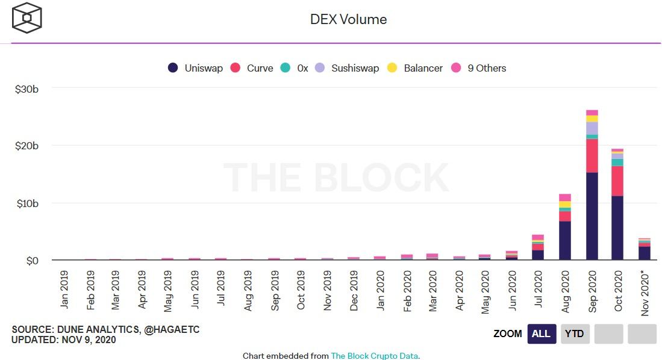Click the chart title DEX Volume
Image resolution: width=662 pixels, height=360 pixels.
coord(348,19)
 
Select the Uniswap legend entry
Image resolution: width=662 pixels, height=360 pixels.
coord(196,68)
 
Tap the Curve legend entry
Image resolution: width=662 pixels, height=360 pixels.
coord(252,68)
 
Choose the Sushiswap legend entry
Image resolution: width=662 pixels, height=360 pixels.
coord(348,68)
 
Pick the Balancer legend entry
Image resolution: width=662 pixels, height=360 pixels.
coord(416,68)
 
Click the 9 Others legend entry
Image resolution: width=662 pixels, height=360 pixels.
coord(479,68)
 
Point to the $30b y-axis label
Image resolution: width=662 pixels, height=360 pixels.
coord(27,89)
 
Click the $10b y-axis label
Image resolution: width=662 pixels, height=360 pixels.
coord(27,203)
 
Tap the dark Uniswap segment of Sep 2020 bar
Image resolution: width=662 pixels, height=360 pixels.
coord(592,217)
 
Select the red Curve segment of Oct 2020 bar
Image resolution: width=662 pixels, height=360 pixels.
coord(617,181)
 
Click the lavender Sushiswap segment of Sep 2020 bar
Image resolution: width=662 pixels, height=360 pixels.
coord(592,128)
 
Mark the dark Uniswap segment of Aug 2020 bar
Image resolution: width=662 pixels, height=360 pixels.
coord(565,241)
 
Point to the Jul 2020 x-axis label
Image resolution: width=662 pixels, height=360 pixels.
coord(539,288)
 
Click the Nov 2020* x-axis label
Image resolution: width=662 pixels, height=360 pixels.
coord(645,292)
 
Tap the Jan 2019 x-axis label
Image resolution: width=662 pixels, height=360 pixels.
coord(64,288)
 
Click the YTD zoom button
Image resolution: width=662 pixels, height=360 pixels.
coord(574,334)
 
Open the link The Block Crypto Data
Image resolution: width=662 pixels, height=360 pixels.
coord(375,356)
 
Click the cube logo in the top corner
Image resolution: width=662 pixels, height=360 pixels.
coord(27,18)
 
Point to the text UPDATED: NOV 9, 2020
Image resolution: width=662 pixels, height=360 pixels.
coord(64,340)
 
